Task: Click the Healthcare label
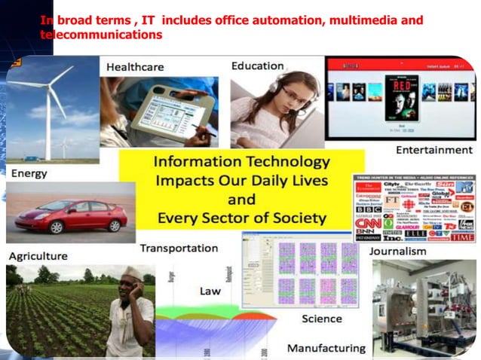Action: pyautogui.click(x=135, y=67)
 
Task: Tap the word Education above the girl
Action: pyautogui.click(x=257, y=66)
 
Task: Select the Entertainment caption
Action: pyautogui.click(x=434, y=150)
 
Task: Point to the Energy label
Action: pyautogui.click(x=29, y=173)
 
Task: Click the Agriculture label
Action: pyautogui.click(x=38, y=256)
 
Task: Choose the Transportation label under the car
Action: pyautogui.click(x=179, y=248)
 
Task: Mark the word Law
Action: pyautogui.click(x=210, y=291)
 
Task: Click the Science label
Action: pyautogui.click(x=322, y=319)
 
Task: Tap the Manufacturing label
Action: pyautogui.click(x=326, y=348)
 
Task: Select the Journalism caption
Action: pyautogui.click(x=397, y=251)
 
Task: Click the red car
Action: pyautogui.click(x=72, y=215)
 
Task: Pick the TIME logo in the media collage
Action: pyautogui.click(x=461, y=237)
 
